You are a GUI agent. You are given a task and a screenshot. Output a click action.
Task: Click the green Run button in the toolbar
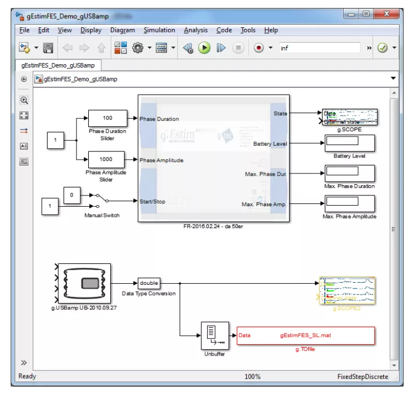tap(204, 48)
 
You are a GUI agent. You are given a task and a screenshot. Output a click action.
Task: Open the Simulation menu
tap(159, 31)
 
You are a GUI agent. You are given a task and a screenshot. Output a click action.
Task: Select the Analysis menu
tap(195, 31)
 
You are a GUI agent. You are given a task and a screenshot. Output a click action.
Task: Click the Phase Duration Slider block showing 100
tap(108, 118)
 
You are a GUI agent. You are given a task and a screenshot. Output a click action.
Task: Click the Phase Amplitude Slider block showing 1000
tap(107, 160)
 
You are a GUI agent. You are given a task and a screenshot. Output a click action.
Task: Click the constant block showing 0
tap(72, 195)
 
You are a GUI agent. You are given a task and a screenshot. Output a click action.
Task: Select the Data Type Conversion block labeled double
tap(149, 283)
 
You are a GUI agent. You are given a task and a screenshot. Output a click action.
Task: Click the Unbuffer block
tap(215, 336)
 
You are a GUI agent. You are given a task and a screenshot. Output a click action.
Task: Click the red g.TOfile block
tap(306, 336)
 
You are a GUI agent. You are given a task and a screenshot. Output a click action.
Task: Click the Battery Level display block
tap(349, 143)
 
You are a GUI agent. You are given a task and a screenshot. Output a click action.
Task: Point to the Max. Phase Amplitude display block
tap(349, 203)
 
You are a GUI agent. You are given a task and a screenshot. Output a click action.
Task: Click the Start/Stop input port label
tap(152, 202)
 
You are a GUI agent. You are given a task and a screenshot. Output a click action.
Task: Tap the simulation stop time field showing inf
tap(319, 48)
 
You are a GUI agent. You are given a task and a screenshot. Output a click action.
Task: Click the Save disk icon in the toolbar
tap(48, 48)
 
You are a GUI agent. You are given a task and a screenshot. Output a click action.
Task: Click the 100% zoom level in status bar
tap(253, 376)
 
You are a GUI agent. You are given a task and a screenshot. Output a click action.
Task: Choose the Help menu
tap(271, 31)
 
